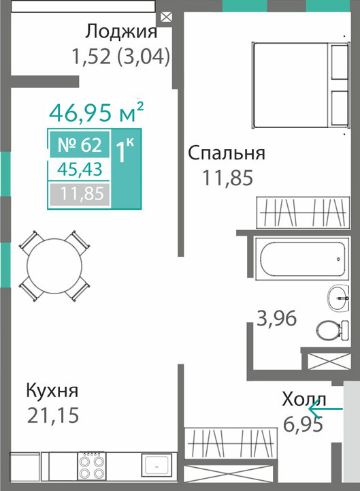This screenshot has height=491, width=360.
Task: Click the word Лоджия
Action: click(x=121, y=32)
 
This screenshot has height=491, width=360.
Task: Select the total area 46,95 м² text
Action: click(x=97, y=112)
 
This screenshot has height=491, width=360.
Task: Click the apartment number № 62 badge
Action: click(x=80, y=144)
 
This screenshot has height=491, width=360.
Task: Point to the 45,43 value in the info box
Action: click(x=80, y=170)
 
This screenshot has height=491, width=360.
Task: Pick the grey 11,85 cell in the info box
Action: click(x=80, y=194)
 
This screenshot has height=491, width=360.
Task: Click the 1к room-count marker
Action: click(x=125, y=151)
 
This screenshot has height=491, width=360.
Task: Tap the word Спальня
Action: click(x=227, y=153)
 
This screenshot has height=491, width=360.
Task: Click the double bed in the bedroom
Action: click(x=300, y=85)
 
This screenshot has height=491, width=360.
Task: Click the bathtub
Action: click(x=302, y=258)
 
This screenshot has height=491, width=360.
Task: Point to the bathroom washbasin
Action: click(x=338, y=298)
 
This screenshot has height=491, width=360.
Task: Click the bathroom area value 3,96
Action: click(x=276, y=319)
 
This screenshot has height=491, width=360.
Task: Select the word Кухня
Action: click(x=52, y=391)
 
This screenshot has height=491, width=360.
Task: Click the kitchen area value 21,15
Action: click(x=53, y=415)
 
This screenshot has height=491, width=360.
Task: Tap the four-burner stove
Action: click(x=91, y=465)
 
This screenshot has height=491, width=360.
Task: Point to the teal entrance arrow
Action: click(x=325, y=409)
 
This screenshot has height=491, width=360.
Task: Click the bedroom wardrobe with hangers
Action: click(x=303, y=212)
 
